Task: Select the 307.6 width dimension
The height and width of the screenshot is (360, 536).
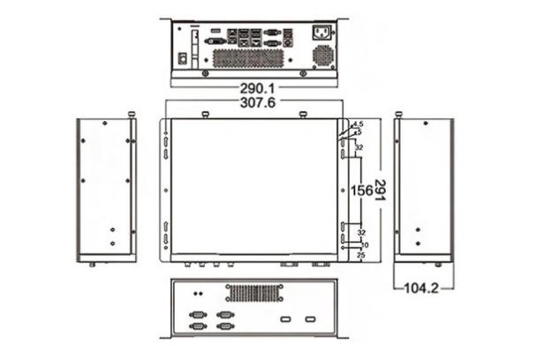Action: click(258, 103)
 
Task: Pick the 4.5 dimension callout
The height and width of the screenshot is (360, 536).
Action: click(358, 124)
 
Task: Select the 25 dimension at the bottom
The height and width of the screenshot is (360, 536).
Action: click(361, 255)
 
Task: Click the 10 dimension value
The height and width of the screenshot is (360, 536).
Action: click(364, 244)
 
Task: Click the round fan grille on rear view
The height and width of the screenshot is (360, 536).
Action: click(323, 56)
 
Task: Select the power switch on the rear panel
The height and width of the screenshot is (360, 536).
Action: click(184, 59)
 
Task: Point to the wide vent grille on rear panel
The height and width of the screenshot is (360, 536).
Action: click(249, 57)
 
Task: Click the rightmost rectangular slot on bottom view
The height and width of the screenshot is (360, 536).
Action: click(310, 319)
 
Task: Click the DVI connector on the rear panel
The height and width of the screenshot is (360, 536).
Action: click(215, 41)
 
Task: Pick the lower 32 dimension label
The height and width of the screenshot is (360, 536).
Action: click(361, 233)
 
